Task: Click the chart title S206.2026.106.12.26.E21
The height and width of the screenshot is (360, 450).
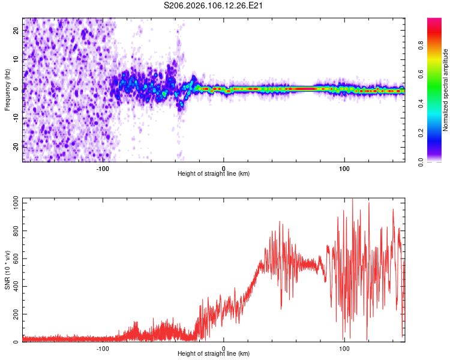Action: click(215, 5)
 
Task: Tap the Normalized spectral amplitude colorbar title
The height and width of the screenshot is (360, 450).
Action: click(445, 90)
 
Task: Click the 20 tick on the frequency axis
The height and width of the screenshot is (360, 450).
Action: click(16, 29)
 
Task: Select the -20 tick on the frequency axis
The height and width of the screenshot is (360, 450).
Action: click(15, 146)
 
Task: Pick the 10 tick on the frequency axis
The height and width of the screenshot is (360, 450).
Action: click(16, 59)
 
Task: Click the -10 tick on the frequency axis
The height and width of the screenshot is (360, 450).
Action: click(15, 117)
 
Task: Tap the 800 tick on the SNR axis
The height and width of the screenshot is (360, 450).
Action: click(14, 231)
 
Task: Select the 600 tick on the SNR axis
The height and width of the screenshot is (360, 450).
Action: click(14, 259)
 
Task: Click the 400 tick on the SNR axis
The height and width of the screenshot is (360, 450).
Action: click(14, 286)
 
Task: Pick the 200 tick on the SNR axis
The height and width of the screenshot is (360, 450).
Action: click(14, 314)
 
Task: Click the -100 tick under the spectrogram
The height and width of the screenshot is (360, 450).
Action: click(102, 168)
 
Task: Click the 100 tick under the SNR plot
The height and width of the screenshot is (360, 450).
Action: click(344, 348)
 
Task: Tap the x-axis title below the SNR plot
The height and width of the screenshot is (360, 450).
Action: click(214, 354)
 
